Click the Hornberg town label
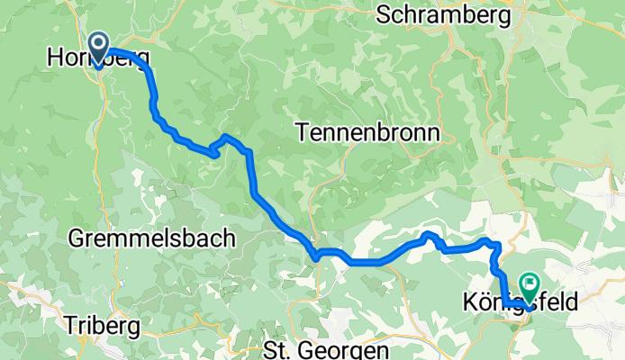click(x=97, y=58)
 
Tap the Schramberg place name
click(x=445, y=14)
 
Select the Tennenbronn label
click(x=367, y=133)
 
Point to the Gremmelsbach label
click(x=151, y=239)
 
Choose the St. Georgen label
click(x=327, y=348)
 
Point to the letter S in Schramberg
click(x=385, y=14)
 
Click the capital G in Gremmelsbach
click(x=77, y=239)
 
